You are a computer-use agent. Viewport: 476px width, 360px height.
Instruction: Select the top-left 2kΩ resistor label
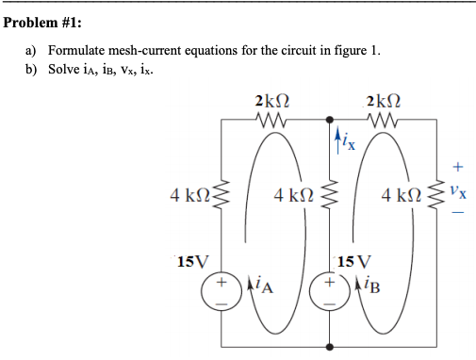(271, 101)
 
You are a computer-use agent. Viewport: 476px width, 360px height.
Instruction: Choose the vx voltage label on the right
(456, 194)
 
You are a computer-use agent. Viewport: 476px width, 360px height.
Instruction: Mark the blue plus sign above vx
(457, 169)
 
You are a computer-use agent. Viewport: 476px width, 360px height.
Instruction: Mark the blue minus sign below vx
(457, 216)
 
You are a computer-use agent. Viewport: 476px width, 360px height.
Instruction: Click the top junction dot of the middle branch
(330, 120)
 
